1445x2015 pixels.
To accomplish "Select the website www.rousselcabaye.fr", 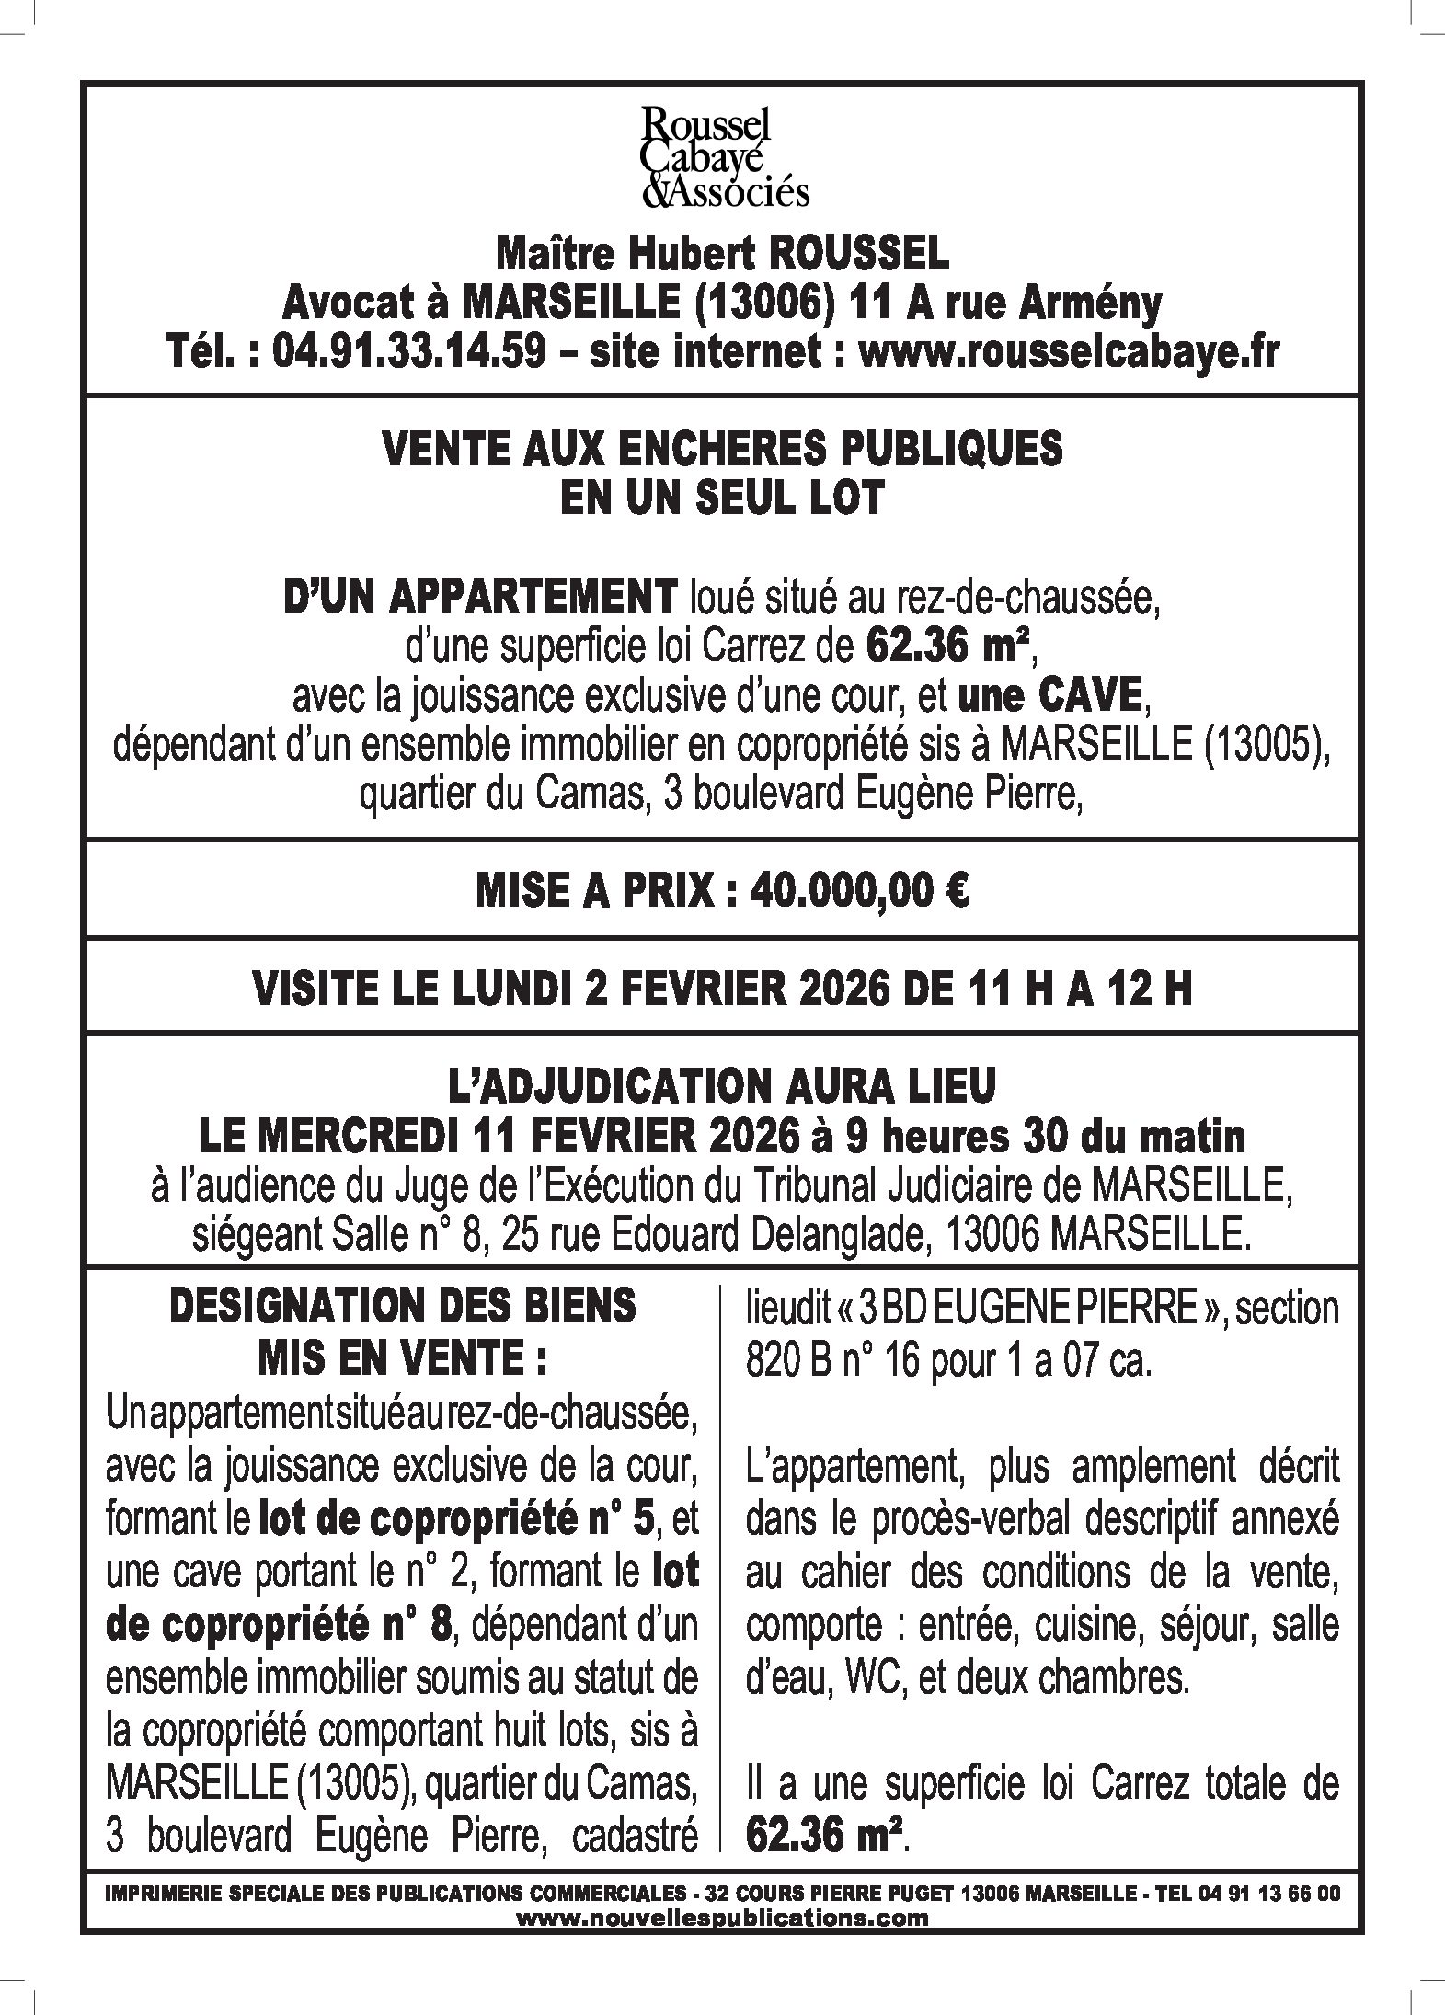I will pyautogui.click(x=1068, y=352).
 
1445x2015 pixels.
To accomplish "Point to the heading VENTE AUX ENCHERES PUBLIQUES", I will pyautogui.click(x=722, y=450).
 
